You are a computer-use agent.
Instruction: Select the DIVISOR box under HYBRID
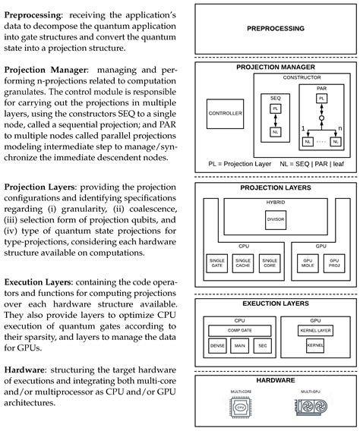coord(274,219)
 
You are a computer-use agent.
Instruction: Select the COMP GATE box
coord(245,331)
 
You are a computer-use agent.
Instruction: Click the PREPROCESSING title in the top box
coord(276,29)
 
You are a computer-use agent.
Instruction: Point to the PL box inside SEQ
coord(276,109)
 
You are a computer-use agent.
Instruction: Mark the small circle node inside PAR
coord(322,120)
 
